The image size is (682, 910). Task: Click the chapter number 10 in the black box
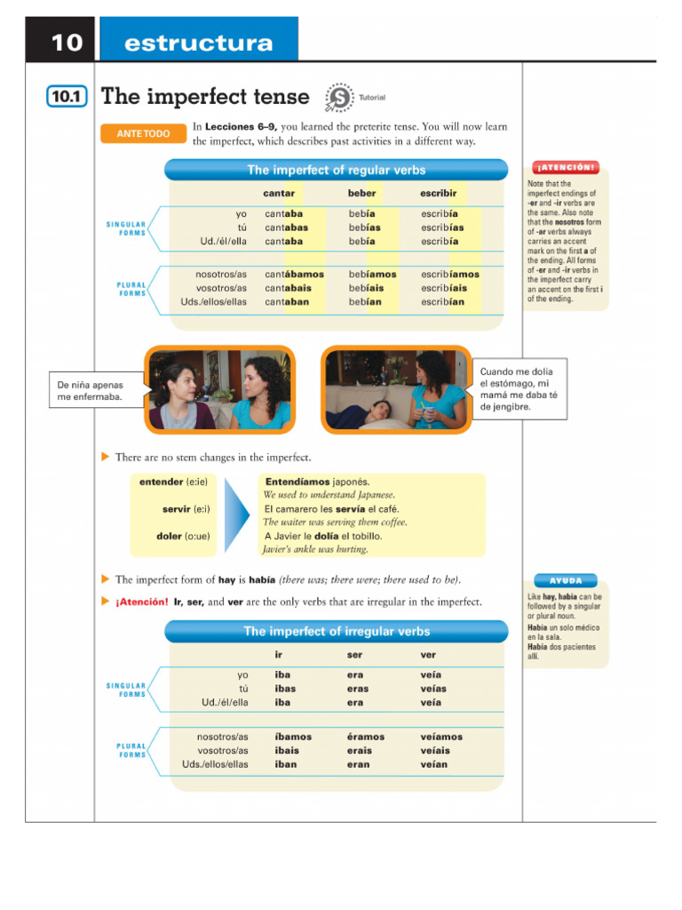[66, 42]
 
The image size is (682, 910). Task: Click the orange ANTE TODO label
[143, 133]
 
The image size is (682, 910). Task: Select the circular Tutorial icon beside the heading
[338, 97]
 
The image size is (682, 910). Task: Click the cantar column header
[279, 193]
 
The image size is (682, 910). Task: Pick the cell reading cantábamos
[294, 275]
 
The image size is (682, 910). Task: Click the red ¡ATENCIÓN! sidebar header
[565, 167]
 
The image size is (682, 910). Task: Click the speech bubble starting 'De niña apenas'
[97, 391]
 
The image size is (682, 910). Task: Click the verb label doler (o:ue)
[181, 536]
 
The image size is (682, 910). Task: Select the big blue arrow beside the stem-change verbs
[237, 513]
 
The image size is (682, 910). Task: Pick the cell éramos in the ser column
[365, 737]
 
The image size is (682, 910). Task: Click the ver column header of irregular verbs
[428, 655]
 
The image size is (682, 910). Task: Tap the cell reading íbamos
[293, 737]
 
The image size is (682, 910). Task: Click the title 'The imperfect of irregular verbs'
[337, 631]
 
